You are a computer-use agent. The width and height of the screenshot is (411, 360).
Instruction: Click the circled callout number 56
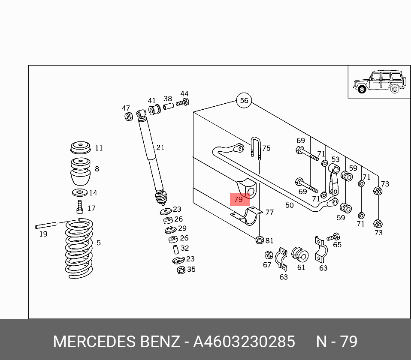pyautogui.click(x=244, y=101)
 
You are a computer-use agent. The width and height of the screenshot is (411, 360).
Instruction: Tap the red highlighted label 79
pyautogui.click(x=239, y=199)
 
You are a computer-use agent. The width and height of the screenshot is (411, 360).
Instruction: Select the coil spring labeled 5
pyautogui.click(x=79, y=248)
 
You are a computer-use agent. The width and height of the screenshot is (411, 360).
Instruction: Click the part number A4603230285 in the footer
pyautogui.click(x=244, y=342)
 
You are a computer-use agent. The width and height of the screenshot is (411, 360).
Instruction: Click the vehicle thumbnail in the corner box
pyautogui.click(x=379, y=82)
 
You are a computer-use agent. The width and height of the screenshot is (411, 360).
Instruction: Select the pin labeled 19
pyautogui.click(x=46, y=225)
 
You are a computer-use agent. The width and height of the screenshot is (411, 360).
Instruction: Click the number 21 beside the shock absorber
pyautogui.click(x=160, y=148)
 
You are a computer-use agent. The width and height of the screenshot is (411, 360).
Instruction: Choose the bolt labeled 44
pyautogui.click(x=183, y=102)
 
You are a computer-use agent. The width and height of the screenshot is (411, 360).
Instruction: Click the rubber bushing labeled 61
pyautogui.click(x=300, y=255)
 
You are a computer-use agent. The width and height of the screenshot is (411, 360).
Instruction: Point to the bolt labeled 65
pyautogui.click(x=333, y=237)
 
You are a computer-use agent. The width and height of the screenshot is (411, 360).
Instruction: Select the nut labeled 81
pyautogui.click(x=259, y=240)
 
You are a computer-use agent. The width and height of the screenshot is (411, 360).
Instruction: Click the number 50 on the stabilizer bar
pyautogui.click(x=290, y=205)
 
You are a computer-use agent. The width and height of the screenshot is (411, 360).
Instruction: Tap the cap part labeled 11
pyautogui.click(x=80, y=148)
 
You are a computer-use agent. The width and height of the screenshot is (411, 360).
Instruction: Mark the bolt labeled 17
pyautogui.click(x=79, y=207)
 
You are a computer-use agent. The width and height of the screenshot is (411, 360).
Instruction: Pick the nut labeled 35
pyautogui.click(x=181, y=270)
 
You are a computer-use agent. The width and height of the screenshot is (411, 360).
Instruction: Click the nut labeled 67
pyautogui.click(x=268, y=254)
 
